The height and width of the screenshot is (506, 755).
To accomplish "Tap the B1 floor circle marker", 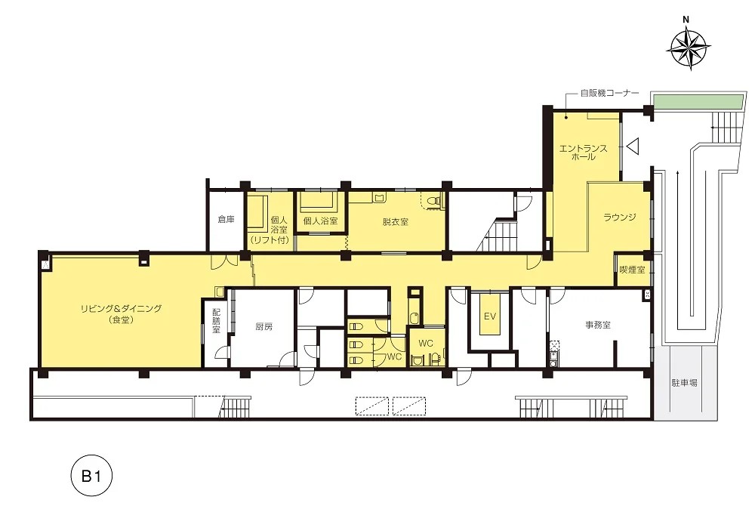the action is pos(91,476).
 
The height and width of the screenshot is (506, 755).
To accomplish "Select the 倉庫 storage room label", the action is pos(226,219).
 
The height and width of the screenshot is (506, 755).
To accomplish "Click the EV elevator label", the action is pos(490,316).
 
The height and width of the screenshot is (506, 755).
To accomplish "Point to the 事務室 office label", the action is pos(598,325).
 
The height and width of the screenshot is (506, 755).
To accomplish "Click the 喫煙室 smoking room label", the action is pos(632,270).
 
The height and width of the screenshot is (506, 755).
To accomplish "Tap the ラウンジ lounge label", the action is pos(620,218).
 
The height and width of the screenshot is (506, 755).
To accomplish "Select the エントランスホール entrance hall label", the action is pos(583,152).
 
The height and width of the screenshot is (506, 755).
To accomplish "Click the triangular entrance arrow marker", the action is pos(632,146).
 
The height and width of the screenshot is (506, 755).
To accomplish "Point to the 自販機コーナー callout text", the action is pos(609,93).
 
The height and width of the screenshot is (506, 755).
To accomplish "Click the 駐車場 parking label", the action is pos(684,383).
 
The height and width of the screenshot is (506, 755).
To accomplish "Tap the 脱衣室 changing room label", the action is pos(396,222).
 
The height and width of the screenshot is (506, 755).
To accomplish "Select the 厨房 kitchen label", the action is pos(263,326).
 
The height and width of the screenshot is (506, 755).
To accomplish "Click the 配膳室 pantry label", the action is pos(216,321).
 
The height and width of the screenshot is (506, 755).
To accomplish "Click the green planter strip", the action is pos(696,101).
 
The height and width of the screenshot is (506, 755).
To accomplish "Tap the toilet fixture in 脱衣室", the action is pos(434,201).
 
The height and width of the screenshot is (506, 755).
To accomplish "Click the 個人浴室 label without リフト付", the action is pos(320,221).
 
